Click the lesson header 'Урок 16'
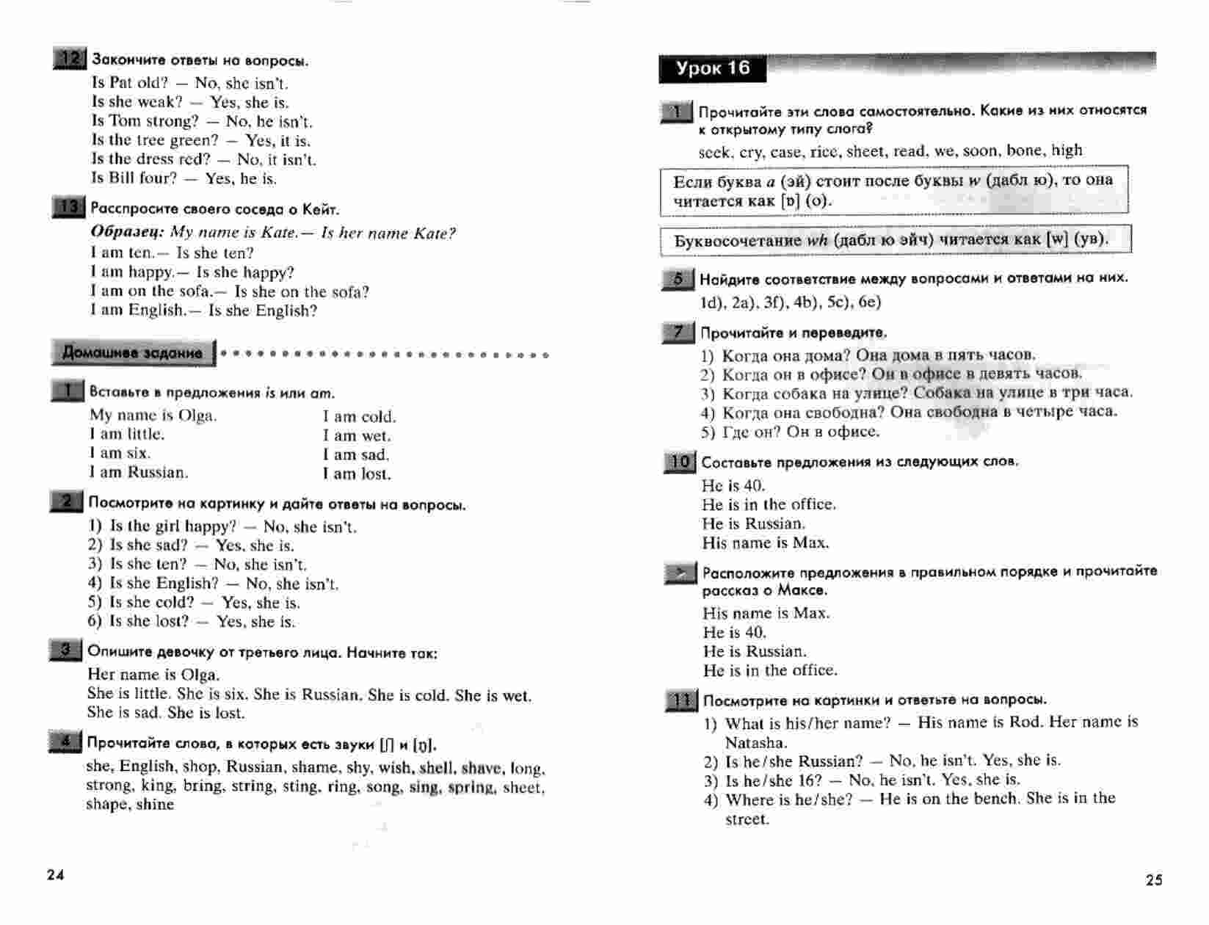(x=712, y=69)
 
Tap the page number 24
(x=56, y=874)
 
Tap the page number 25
(x=1153, y=879)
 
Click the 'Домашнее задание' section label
(x=133, y=353)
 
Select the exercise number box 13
(x=69, y=208)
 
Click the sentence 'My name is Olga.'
(x=153, y=416)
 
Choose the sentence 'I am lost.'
(x=357, y=474)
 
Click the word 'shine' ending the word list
(x=155, y=805)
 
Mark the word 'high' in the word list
(x=1067, y=150)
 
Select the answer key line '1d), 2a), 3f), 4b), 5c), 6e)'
(x=791, y=302)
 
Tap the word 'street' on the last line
(x=747, y=819)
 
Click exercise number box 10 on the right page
(x=680, y=462)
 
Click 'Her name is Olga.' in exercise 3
(x=153, y=675)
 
